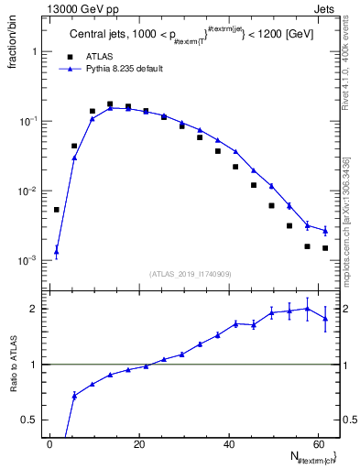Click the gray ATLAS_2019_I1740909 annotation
pyautogui.click(x=190, y=274)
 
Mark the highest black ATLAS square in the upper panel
pyautogui.click(x=110, y=104)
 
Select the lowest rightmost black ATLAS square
pyautogui.click(x=325, y=248)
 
